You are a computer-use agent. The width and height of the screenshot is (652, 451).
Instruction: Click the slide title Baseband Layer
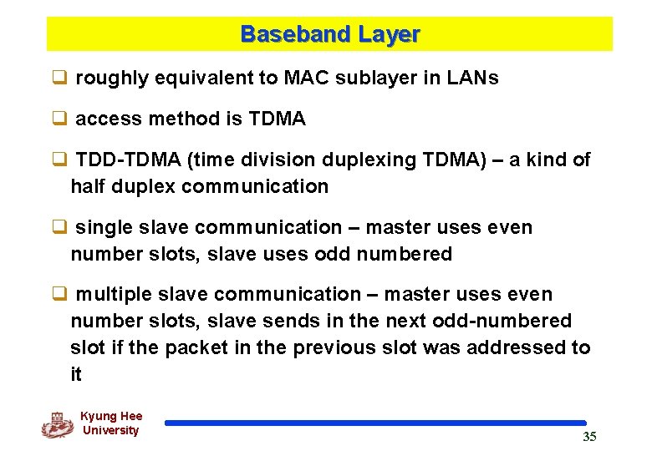329,34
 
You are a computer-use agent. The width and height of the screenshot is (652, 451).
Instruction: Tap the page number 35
589,437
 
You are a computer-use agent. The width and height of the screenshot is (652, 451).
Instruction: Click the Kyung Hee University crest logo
57,425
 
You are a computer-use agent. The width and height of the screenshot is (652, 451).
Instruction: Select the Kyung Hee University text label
111,423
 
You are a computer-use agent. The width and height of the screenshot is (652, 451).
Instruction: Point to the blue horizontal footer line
375,423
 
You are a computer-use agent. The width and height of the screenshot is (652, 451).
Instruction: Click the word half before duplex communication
87,186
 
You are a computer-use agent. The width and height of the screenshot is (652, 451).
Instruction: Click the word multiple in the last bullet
112,294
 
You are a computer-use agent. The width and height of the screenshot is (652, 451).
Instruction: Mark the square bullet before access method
59,119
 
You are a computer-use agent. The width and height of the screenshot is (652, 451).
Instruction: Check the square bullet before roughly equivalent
59,79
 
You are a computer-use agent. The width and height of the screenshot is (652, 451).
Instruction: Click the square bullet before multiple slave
59,294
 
